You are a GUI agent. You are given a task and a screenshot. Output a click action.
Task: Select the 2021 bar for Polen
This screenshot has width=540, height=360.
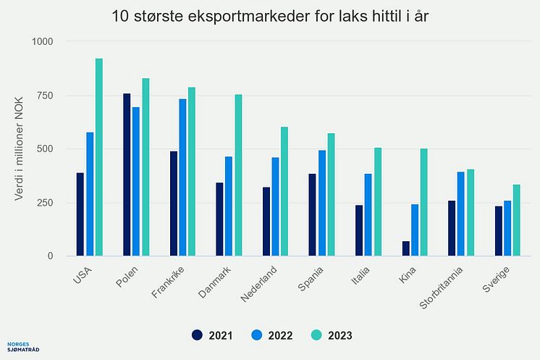pyautogui.click(x=127, y=175)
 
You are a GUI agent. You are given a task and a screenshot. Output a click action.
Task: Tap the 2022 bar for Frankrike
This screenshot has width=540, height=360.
pyautogui.click(x=182, y=177)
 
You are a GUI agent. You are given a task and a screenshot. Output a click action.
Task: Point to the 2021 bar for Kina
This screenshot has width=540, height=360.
pyautogui.click(x=406, y=248)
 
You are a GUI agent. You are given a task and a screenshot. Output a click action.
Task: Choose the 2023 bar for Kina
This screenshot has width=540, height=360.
pyautogui.click(x=424, y=202)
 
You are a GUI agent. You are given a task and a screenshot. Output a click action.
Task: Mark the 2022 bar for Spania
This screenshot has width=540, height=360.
pyautogui.click(x=322, y=203)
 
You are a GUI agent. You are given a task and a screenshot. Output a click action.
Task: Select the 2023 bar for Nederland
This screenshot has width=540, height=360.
pyautogui.click(x=284, y=191)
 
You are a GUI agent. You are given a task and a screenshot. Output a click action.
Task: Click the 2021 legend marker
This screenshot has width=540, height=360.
pyautogui.click(x=197, y=335)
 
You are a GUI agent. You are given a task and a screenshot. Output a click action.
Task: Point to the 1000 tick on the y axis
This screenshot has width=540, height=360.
pyautogui.click(x=43, y=42)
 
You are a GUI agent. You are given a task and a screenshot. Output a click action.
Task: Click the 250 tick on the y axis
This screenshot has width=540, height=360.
pyautogui.click(x=46, y=203)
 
